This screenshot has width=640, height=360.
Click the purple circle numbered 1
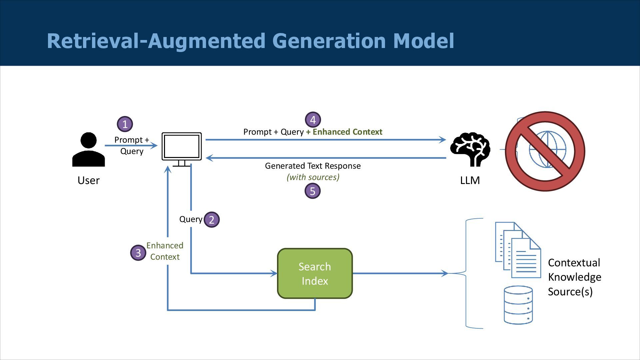click(x=125, y=124)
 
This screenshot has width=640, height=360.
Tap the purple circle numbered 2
click(x=211, y=220)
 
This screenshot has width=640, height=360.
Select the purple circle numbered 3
click(x=138, y=253)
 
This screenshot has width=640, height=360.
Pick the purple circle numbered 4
click(x=313, y=120)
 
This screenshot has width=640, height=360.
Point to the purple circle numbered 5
click(x=312, y=191)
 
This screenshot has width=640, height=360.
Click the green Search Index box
click(x=315, y=273)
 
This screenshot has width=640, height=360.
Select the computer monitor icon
click(x=182, y=149)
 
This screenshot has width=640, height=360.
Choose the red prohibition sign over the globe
click(x=545, y=151)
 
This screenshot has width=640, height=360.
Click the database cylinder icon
click(x=518, y=305)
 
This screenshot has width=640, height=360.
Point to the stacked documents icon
click(x=518, y=250)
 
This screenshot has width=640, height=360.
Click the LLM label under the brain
click(x=470, y=180)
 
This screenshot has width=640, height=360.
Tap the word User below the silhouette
click(x=88, y=180)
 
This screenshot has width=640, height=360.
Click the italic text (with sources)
click(x=313, y=177)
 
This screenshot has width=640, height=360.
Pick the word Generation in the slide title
click(x=328, y=41)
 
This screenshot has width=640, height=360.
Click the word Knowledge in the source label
click(x=574, y=277)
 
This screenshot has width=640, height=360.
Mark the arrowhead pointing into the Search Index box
click(x=274, y=273)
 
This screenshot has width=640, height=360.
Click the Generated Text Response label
click(x=313, y=166)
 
